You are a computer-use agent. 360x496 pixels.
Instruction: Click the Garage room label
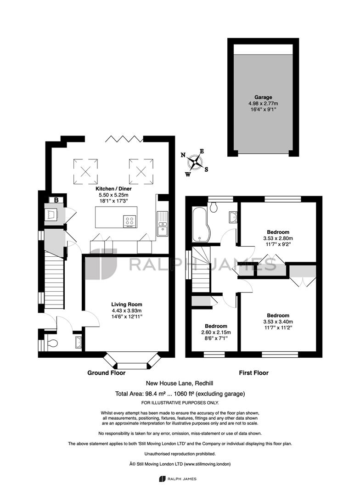tap(263, 97)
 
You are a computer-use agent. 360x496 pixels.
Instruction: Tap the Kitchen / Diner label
tap(113, 189)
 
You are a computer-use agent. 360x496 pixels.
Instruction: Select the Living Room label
tap(127, 304)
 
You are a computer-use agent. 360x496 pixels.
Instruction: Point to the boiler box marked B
tap(56, 200)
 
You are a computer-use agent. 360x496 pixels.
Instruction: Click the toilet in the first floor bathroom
tap(214, 207)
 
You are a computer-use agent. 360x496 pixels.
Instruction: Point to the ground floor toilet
tap(51, 343)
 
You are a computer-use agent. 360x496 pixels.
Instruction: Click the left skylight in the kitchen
tap(85, 171)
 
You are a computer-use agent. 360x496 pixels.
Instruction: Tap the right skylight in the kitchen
tap(141, 171)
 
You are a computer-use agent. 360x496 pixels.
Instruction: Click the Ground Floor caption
tap(106, 373)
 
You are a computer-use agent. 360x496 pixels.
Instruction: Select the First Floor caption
tap(254, 373)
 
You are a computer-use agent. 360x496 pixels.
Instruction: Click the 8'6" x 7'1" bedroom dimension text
tap(216, 338)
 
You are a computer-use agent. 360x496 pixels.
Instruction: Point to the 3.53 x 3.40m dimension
tap(278, 321)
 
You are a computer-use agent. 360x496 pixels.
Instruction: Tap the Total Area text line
tap(180, 394)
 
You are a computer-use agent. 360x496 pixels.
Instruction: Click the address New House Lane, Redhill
tap(180, 383)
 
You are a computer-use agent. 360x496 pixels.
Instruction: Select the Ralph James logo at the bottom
tap(178, 479)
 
